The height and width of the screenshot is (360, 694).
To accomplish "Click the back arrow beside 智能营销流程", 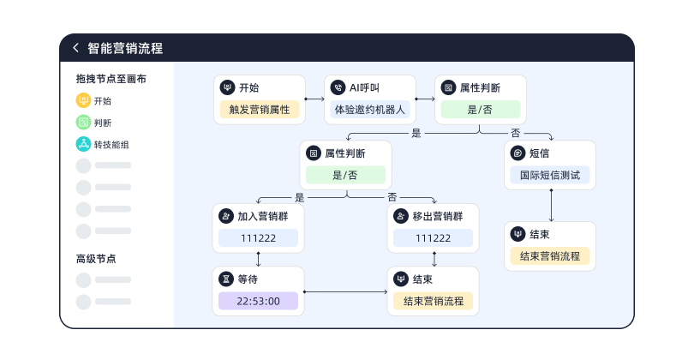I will click(75, 49).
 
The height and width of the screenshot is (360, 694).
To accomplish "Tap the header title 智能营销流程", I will click(125, 49).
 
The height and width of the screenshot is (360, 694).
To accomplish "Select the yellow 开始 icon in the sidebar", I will click(83, 100).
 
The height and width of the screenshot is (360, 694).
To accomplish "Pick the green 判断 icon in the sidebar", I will click(83, 123).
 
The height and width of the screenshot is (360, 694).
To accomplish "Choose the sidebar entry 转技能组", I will click(111, 145).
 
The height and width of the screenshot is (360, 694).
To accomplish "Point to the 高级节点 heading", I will click(96, 258).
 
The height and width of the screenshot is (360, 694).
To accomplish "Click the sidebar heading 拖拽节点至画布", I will click(111, 79).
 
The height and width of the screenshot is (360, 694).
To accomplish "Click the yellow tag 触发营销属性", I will click(260, 110).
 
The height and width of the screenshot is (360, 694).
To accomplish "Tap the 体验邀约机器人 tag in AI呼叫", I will click(370, 110).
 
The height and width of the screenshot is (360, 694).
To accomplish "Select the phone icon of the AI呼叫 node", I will click(338, 87).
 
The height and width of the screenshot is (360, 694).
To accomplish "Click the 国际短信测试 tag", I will click(549, 176).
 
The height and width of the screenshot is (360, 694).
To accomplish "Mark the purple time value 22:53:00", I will click(259, 301).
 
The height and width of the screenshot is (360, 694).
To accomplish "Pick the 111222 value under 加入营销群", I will click(259, 238).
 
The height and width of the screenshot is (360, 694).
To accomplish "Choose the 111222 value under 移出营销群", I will click(433, 238).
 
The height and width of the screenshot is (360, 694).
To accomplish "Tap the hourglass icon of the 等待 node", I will click(226, 279).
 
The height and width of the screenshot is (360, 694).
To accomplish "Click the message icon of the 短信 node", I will click(518, 153).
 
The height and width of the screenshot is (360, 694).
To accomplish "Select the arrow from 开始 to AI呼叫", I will click(314, 99).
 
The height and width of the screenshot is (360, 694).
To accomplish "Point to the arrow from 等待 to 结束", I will click(346, 292).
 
